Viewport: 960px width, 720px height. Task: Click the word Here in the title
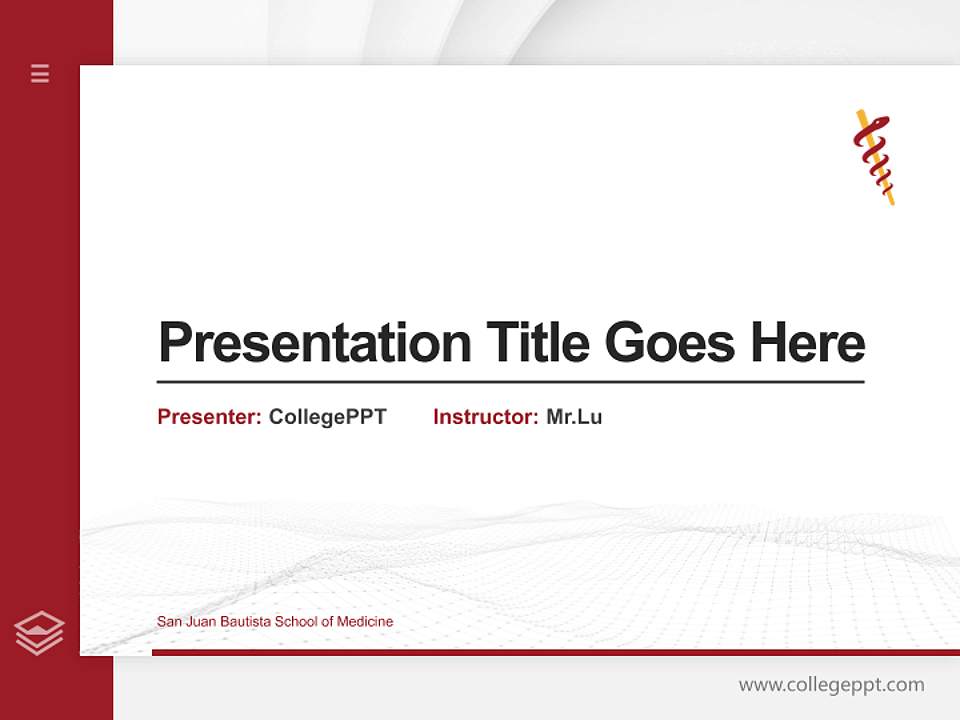[x=808, y=343]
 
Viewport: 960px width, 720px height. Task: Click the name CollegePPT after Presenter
[x=327, y=417]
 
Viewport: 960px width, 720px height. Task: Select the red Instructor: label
[x=486, y=417]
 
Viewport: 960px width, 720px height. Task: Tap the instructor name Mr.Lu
[x=574, y=417]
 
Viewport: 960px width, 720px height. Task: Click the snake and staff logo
[x=873, y=157]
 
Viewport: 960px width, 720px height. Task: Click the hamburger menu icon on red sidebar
[x=40, y=73]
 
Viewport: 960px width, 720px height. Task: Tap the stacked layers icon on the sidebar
[x=39, y=633]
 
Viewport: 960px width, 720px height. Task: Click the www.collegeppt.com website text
[x=831, y=685]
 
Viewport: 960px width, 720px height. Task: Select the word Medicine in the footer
[x=365, y=622]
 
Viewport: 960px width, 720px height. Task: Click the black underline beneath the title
[x=510, y=381]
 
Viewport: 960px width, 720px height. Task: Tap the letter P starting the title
[x=173, y=343]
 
